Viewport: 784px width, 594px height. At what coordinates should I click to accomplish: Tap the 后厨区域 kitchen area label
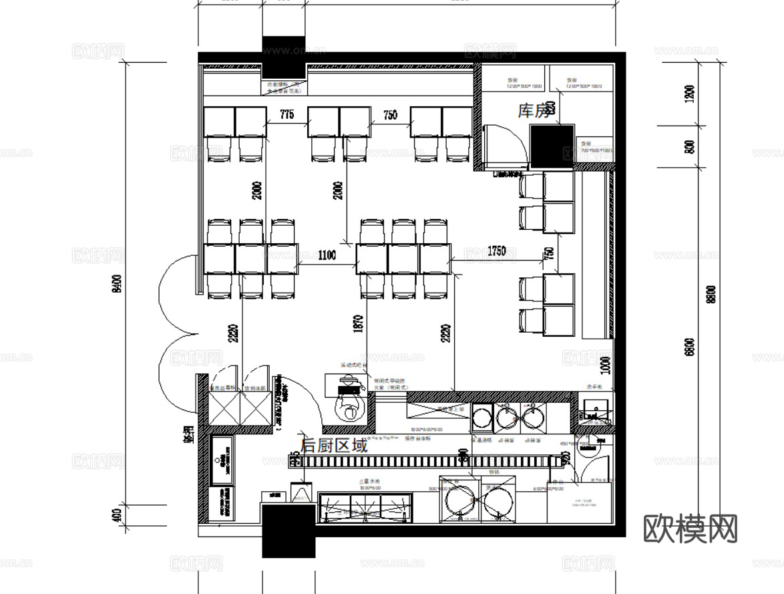pos(334,446)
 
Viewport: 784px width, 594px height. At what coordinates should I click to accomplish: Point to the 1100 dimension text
pos(327,255)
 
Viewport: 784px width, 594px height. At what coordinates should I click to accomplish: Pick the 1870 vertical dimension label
pos(359,324)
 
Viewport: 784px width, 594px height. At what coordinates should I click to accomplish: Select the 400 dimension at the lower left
pos(116,515)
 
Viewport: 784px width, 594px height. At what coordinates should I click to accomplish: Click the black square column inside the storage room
pos(552,146)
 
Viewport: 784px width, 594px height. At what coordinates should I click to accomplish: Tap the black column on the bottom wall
pos(288,531)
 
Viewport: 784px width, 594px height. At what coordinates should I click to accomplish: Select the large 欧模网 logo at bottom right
pos(690,529)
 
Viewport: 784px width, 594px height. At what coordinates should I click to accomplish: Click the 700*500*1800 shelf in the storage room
pos(596,148)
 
